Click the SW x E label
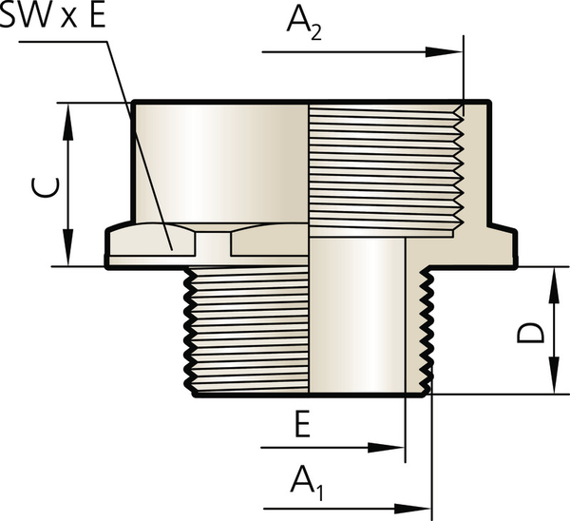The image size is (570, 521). click(x=52, y=15)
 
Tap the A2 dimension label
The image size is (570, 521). click(x=304, y=24)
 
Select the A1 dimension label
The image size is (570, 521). click(x=307, y=483)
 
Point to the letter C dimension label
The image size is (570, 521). click(x=45, y=187)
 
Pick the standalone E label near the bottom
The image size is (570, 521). click(x=302, y=424)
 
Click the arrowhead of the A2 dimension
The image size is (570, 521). click(x=444, y=52)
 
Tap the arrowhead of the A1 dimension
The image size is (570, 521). click(x=412, y=509)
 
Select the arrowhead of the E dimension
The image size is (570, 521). click(x=386, y=448)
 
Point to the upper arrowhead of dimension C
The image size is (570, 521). click(x=68, y=122)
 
